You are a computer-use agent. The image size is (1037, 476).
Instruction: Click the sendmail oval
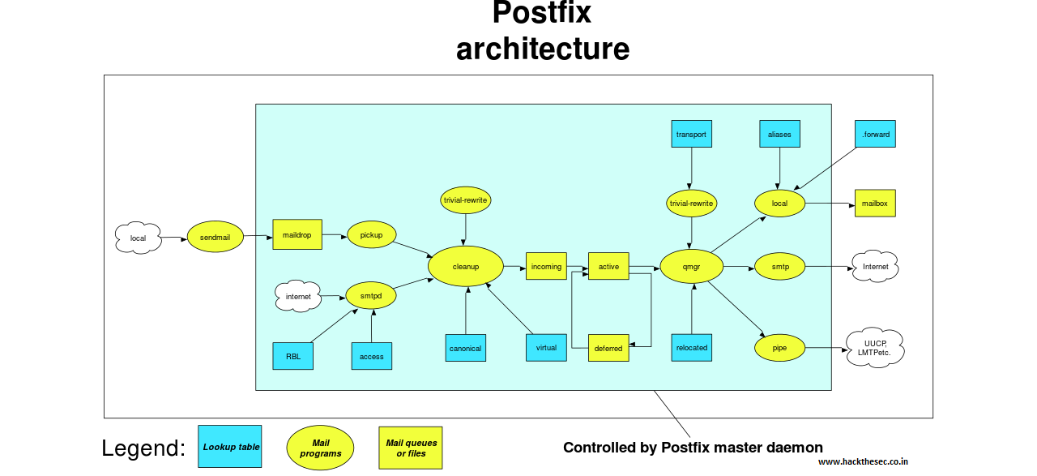click(216, 236)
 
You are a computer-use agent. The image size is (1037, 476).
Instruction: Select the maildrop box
click(297, 235)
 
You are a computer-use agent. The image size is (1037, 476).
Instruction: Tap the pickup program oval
click(371, 235)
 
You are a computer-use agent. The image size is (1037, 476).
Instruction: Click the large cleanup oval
click(466, 266)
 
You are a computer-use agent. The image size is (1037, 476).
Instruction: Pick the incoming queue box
click(546, 266)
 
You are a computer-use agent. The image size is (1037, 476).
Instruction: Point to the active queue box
click(608, 266)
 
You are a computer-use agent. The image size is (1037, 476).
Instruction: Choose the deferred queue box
click(608, 348)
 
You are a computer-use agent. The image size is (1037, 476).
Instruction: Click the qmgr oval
click(691, 266)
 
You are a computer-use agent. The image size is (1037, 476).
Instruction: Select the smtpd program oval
click(371, 296)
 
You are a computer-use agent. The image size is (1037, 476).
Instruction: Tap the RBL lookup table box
click(292, 356)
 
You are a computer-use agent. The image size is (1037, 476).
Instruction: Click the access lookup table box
click(372, 356)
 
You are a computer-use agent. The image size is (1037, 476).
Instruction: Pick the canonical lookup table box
click(465, 348)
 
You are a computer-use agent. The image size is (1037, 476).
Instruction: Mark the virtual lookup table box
click(546, 347)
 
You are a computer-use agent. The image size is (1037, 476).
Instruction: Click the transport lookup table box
click(691, 134)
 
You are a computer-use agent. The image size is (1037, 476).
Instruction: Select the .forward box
click(875, 134)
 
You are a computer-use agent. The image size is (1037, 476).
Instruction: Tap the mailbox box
click(875, 203)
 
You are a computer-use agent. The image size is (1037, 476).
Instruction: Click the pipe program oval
click(779, 348)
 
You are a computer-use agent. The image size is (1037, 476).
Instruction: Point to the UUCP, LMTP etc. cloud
click(874, 348)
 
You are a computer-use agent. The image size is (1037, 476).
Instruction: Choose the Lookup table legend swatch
click(230, 447)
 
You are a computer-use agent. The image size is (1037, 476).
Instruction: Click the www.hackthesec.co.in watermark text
click(863, 462)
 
